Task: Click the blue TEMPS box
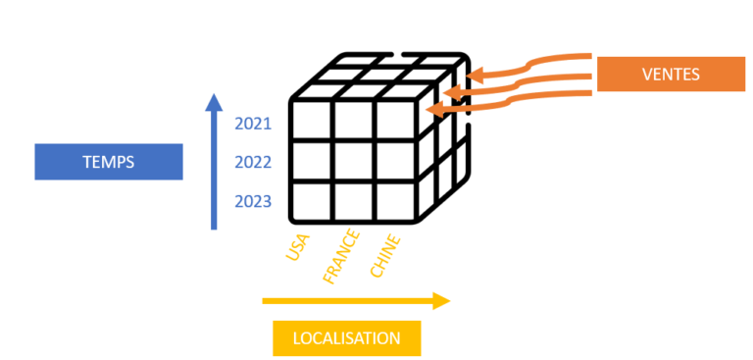[x=108, y=162]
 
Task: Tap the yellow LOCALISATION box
[x=346, y=338]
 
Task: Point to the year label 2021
[x=253, y=125]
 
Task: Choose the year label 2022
[x=253, y=163]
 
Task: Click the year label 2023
[x=253, y=202]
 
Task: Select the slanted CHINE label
[x=385, y=253]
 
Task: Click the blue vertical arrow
[x=214, y=162]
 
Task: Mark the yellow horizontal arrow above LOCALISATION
[x=355, y=301]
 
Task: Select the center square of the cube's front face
[x=353, y=162]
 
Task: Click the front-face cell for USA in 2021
[x=312, y=122]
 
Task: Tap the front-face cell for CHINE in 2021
[x=394, y=122]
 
